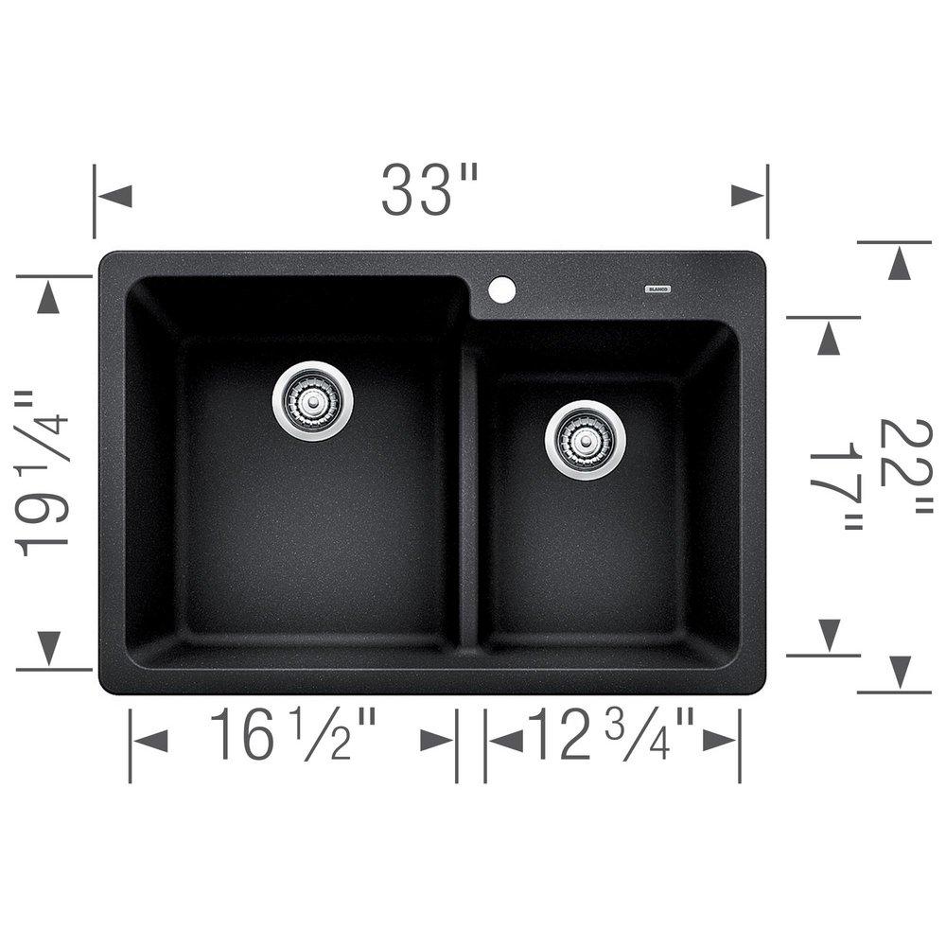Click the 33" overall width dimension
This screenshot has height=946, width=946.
[x=430, y=190]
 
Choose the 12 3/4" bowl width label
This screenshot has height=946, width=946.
[x=611, y=736]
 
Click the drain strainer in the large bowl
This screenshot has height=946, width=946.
[x=313, y=400]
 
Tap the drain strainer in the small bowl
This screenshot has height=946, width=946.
[x=585, y=440]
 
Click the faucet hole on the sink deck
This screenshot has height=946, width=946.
[x=502, y=289]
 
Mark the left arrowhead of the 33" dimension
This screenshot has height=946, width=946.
[x=114, y=197]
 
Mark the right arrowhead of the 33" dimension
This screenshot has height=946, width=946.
[x=747, y=196]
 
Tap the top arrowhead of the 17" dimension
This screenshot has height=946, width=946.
[x=829, y=338]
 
